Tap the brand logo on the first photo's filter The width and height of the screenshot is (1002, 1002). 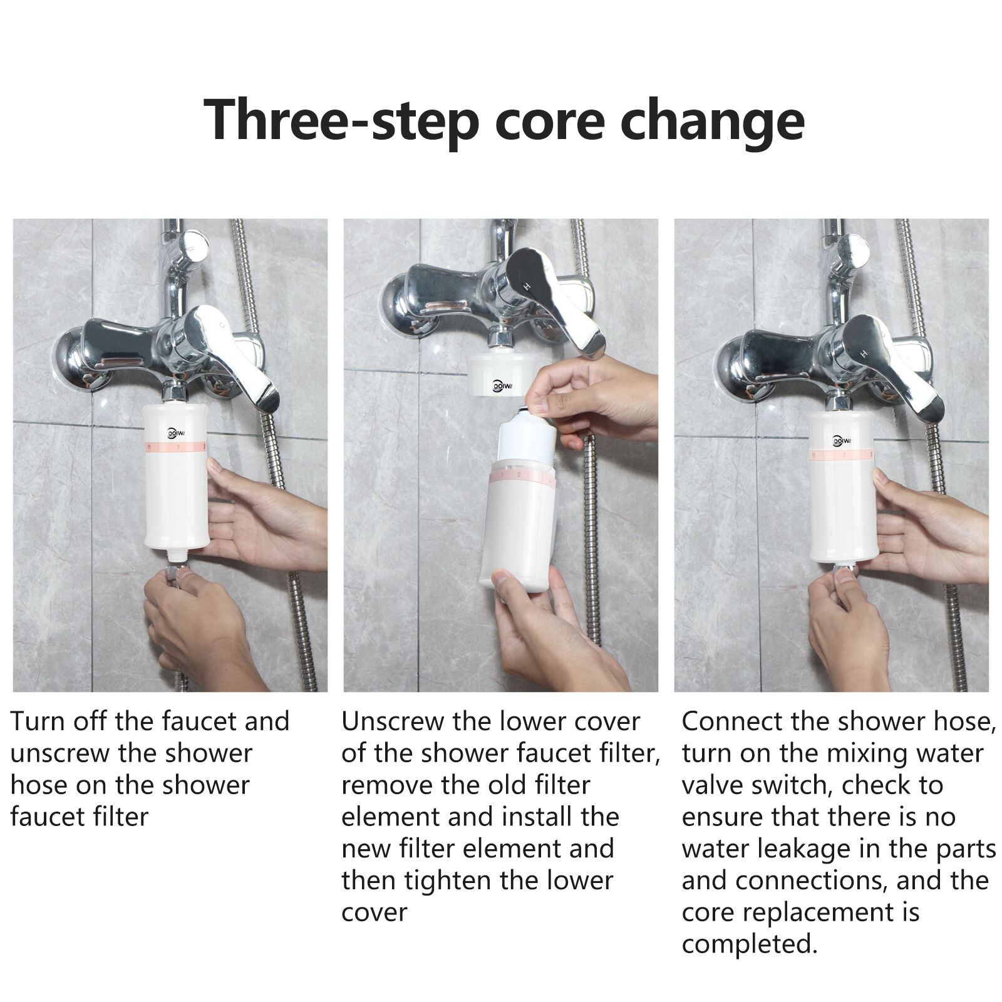pos(176,433)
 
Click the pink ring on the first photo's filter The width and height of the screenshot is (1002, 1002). pos(175,447)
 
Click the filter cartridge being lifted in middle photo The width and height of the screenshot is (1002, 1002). pos(526,438)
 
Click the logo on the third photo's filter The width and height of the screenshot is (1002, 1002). pos(841,440)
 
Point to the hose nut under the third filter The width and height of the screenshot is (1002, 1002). pos(842,569)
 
